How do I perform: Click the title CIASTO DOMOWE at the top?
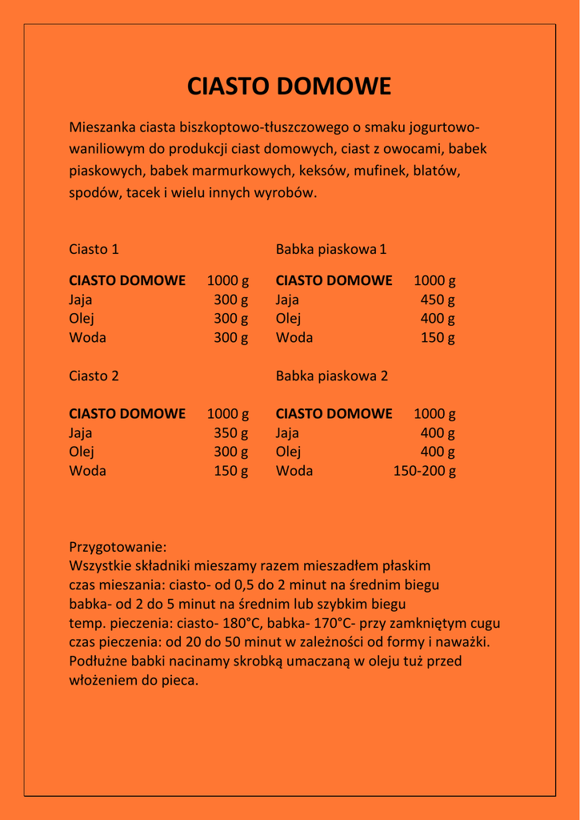(x=290, y=86)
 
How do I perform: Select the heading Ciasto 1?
(x=94, y=249)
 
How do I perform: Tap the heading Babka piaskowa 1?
(x=331, y=249)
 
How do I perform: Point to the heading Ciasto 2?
(x=94, y=376)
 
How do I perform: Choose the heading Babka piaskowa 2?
(x=332, y=376)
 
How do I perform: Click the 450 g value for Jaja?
(x=438, y=300)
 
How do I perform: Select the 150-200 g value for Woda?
(x=424, y=471)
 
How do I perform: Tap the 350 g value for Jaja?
(x=231, y=433)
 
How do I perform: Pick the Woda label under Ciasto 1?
(x=87, y=337)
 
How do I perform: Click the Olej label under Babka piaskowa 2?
(x=288, y=452)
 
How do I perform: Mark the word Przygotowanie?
(x=118, y=548)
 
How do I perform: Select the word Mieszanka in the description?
(x=102, y=127)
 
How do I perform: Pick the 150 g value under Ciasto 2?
(x=231, y=471)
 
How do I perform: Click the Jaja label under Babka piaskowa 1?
(x=287, y=300)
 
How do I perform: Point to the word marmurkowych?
(x=247, y=171)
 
